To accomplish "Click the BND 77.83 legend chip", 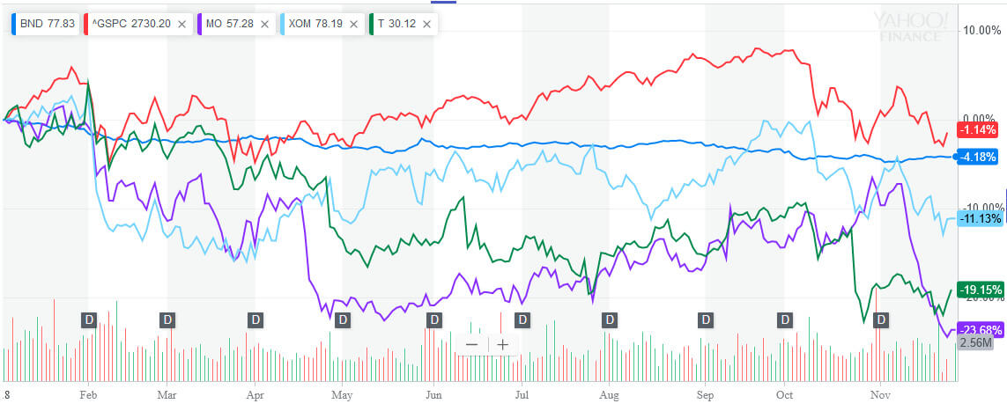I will pyautogui.click(x=45, y=24).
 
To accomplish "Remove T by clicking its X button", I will pyautogui.click(x=426, y=24).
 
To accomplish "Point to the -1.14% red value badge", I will pyautogui.click(x=979, y=129).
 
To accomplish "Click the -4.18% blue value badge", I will pyautogui.click(x=979, y=157).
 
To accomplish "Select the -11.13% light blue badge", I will pyautogui.click(x=979, y=218).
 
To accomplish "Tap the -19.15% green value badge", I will pyautogui.click(x=979, y=288).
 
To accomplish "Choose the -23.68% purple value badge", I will pyautogui.click(x=979, y=330).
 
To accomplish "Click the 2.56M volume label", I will pyautogui.click(x=975, y=343).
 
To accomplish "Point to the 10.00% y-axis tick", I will pyautogui.click(x=980, y=30).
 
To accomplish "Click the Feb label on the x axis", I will pyautogui.click(x=88, y=396).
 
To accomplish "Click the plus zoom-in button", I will pyautogui.click(x=502, y=344).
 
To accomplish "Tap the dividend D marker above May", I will pyautogui.click(x=343, y=319).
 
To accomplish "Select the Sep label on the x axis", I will pyautogui.click(x=705, y=396).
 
